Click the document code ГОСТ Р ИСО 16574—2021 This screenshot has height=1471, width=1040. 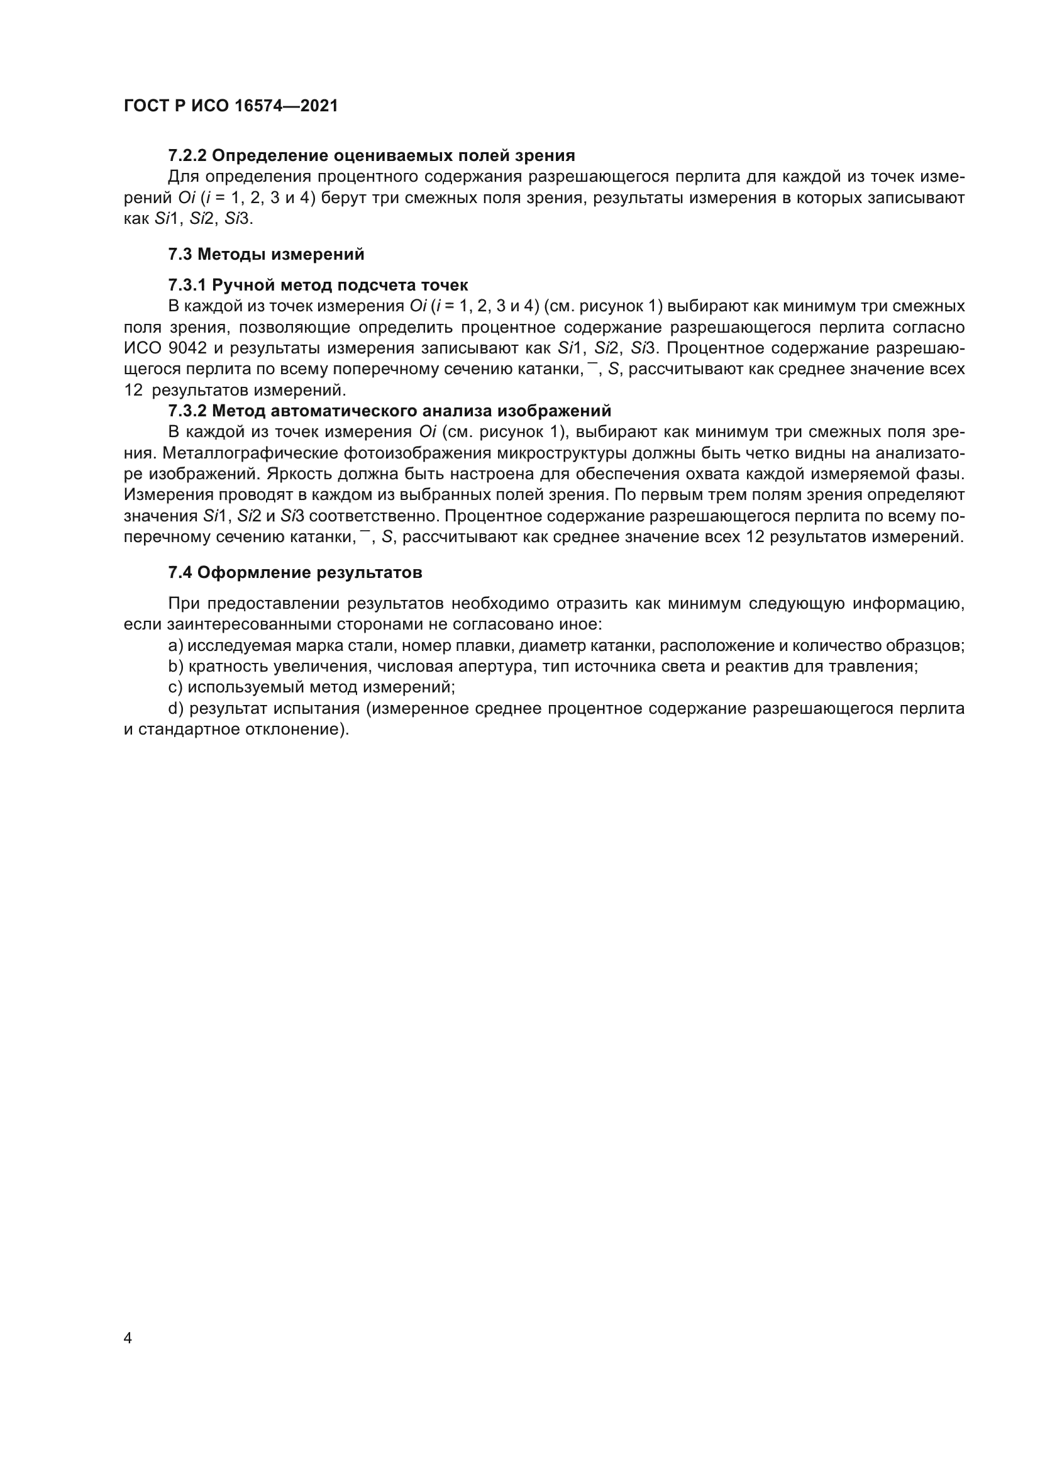[x=231, y=106]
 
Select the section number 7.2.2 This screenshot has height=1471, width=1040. [x=187, y=156]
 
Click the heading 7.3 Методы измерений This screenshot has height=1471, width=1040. [x=266, y=254]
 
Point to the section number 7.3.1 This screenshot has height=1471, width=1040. [x=187, y=285]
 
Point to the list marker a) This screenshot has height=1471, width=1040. [x=175, y=646]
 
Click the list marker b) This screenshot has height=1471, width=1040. [x=175, y=667]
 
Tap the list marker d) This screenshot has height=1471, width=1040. [x=175, y=709]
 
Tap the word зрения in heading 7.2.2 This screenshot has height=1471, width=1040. [x=548, y=156]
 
